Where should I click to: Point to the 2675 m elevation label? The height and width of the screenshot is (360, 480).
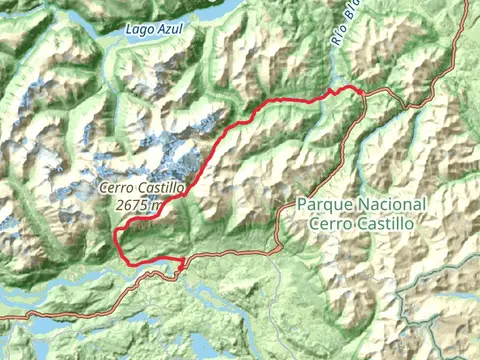coord(138,204)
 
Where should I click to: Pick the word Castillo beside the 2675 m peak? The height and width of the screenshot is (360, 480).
coord(163,188)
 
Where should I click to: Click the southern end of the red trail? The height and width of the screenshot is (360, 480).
coord(183,267)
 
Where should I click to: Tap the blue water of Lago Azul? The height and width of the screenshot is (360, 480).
coord(200,12)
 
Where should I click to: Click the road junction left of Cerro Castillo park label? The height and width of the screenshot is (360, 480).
coord(278,250)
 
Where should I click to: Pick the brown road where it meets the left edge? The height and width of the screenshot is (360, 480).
coord(3,316)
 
